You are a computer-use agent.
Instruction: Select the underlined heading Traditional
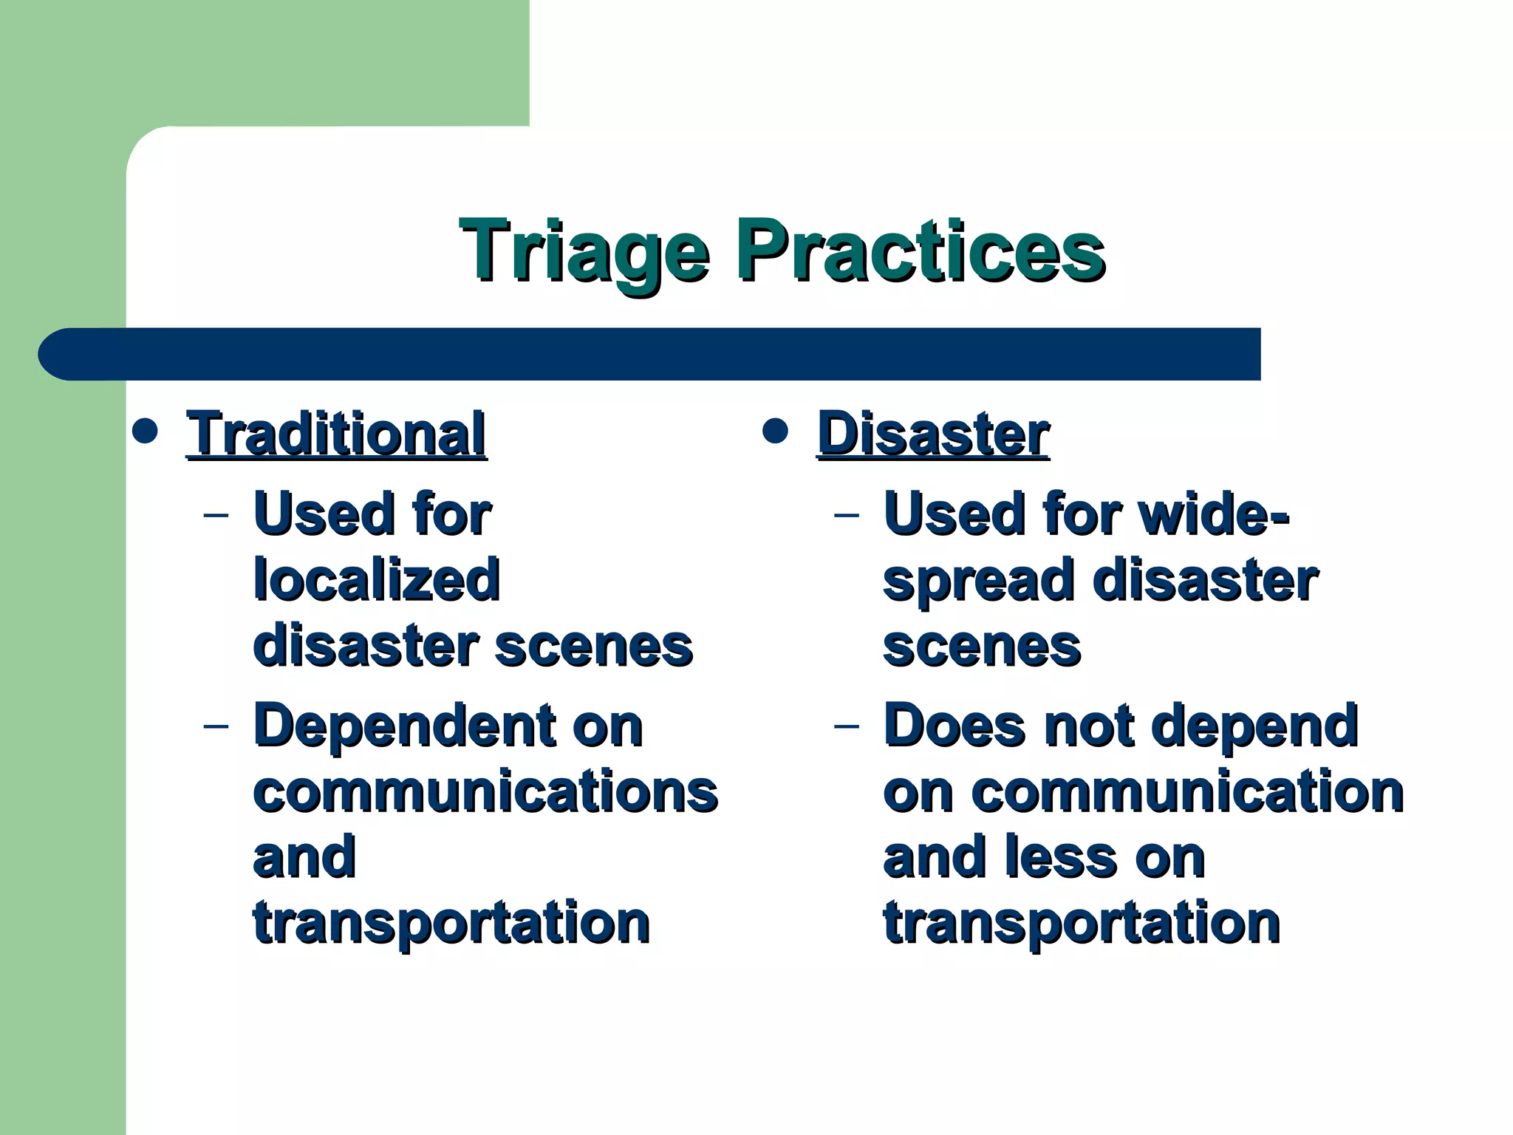pos(336,434)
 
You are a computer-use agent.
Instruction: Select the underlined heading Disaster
pos(933,434)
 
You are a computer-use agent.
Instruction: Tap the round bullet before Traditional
pos(145,432)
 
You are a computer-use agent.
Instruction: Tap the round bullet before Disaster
pos(775,432)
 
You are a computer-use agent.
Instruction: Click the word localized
pos(377,580)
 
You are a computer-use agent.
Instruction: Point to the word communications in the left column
pos(485,792)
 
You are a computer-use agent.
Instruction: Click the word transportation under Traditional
pos(451,924)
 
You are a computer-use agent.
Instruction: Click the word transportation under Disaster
pos(1082,924)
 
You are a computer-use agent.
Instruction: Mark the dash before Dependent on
pos(216,726)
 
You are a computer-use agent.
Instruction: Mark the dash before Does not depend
pos(847,726)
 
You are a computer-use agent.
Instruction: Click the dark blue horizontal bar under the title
pos(650,354)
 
